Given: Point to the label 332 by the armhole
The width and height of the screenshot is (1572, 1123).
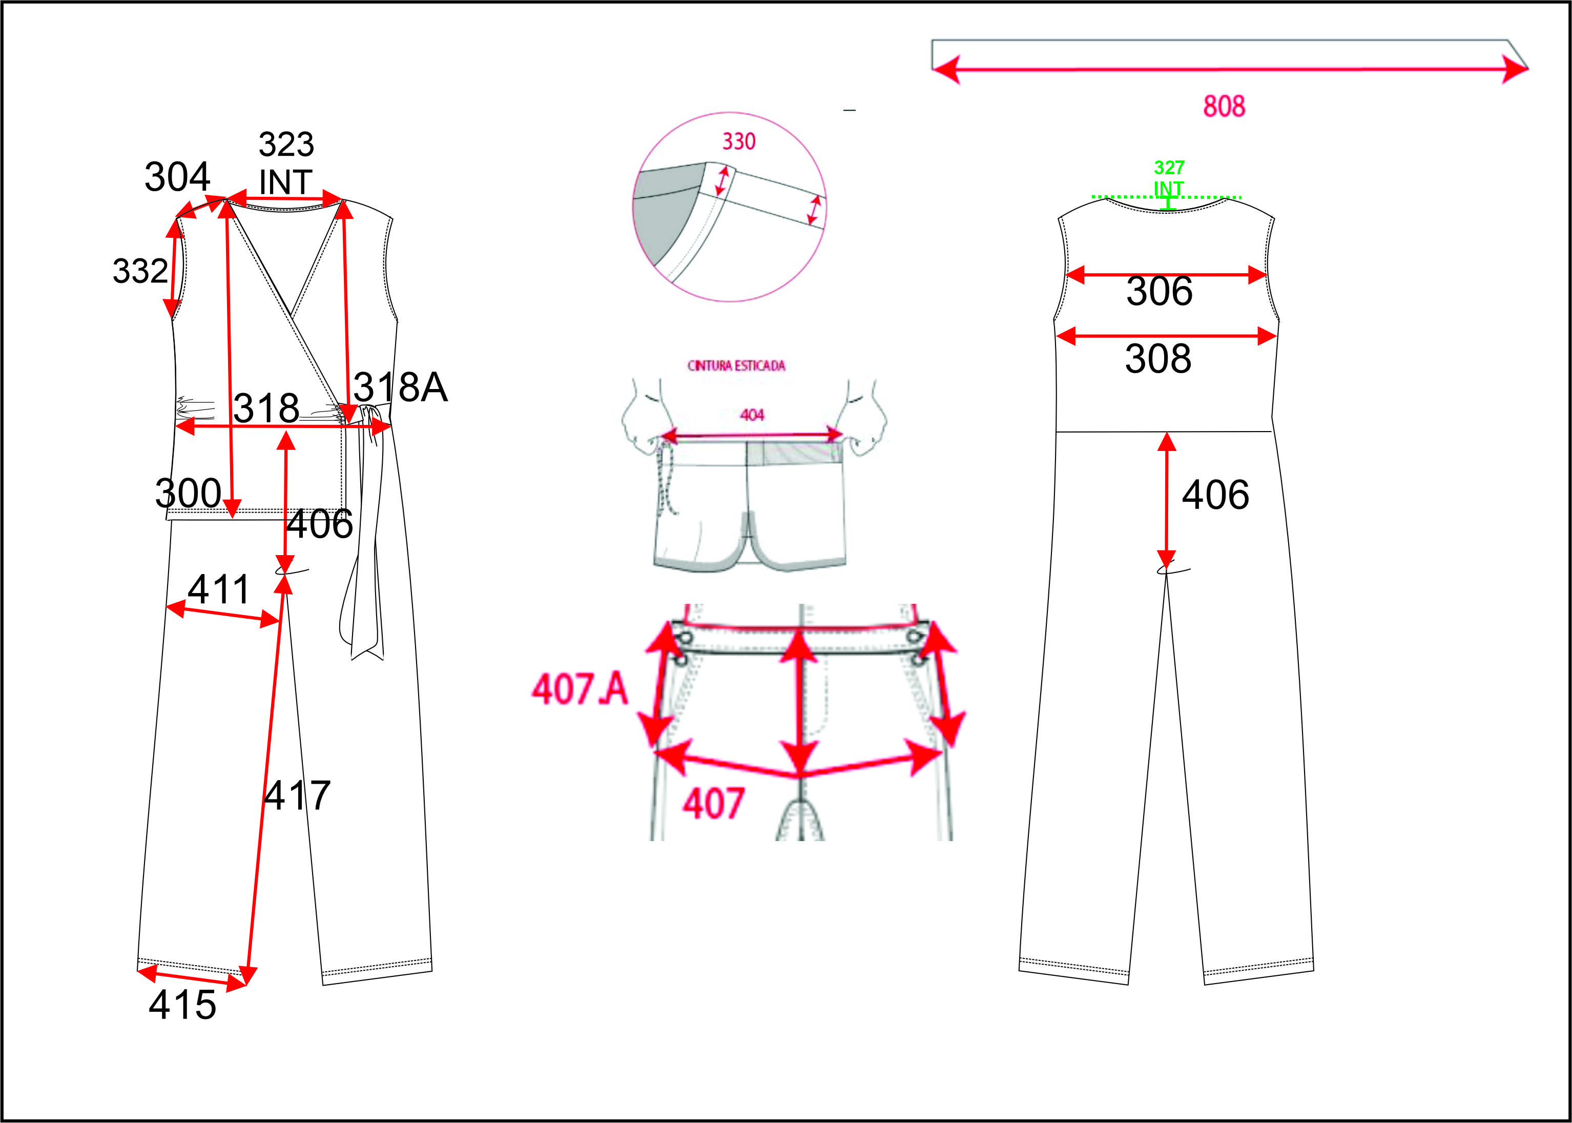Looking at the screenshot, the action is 140,271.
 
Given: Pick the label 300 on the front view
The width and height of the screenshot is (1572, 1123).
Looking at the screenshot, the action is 188,493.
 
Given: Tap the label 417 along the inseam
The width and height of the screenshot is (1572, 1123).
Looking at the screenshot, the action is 297,795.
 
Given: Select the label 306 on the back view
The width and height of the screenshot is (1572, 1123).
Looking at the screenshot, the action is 1160,291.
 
